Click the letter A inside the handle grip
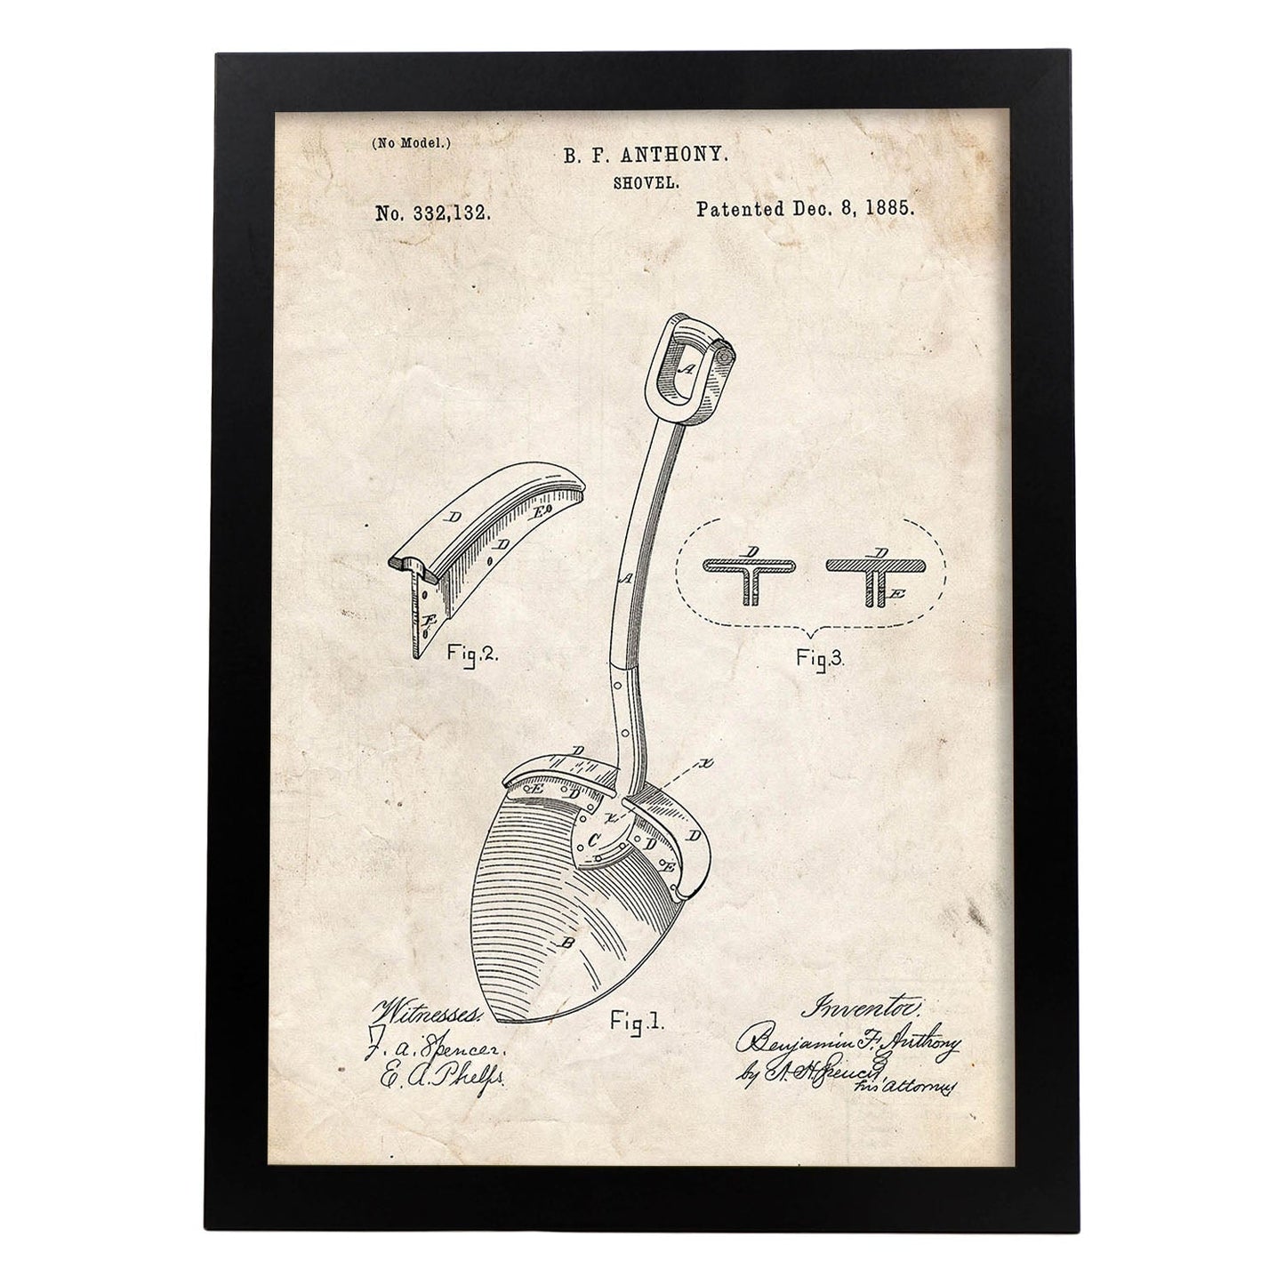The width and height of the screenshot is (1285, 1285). pyautogui.click(x=686, y=365)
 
